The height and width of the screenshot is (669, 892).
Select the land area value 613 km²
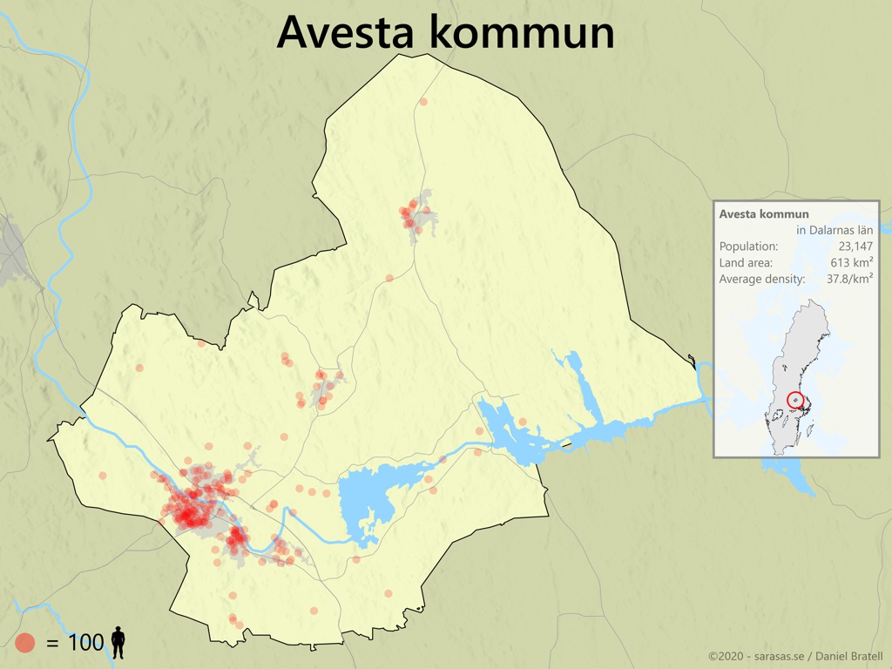pyautogui.click(x=851, y=263)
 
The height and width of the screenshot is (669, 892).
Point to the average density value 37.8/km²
pyautogui.click(x=849, y=280)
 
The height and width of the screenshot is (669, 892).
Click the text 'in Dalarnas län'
pyautogui.click(x=834, y=230)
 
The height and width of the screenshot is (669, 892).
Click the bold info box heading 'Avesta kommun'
pyautogui.click(x=764, y=214)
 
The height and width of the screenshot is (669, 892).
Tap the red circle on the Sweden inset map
pyautogui.click(x=796, y=400)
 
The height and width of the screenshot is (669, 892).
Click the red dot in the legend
pyautogui.click(x=25, y=644)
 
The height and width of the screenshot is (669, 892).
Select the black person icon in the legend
pyautogui.click(x=118, y=644)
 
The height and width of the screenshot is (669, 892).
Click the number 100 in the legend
pyautogui.click(x=85, y=644)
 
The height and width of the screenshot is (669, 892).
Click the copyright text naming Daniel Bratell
pyautogui.click(x=794, y=656)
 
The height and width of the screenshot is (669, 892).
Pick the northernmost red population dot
pyautogui.click(x=423, y=102)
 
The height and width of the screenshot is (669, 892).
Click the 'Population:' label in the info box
pyautogui.click(x=748, y=247)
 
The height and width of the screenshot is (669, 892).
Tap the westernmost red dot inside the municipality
pyautogui.click(x=103, y=476)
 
